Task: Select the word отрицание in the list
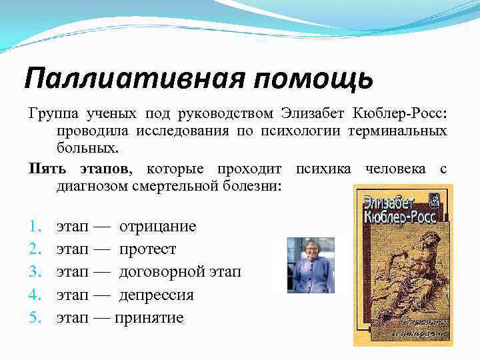coord(157,227)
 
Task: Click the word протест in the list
coord(147,249)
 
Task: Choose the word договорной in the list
coord(163,272)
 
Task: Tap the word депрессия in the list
coord(157,295)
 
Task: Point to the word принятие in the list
coord(149,317)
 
